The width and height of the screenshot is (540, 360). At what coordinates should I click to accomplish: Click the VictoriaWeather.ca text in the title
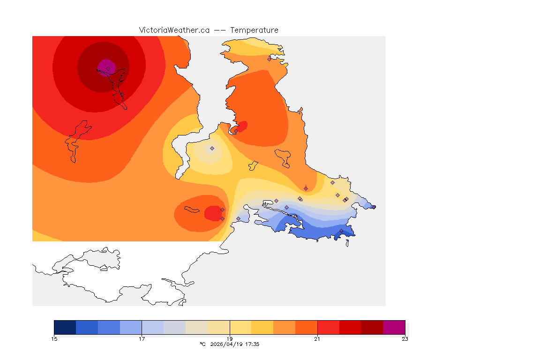coord(174,30)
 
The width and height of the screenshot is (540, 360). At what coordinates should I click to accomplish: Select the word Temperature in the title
coord(254,30)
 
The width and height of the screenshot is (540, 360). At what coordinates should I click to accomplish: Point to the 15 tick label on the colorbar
coord(54,339)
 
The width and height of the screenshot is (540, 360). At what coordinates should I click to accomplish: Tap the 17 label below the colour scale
coord(142,339)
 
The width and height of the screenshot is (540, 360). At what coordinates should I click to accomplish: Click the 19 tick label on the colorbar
coord(230,339)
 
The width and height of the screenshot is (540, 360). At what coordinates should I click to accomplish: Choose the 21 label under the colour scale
coord(317,339)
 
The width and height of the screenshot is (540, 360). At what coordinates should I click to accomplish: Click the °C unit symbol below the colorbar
coord(202,344)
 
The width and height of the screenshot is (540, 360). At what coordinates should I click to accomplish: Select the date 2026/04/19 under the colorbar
coord(228,344)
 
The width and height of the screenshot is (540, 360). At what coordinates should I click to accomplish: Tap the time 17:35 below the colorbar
coord(252,344)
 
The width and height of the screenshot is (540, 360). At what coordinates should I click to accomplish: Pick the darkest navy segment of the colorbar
coord(65,327)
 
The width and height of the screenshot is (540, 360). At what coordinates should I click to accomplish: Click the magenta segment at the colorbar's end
coord(394,327)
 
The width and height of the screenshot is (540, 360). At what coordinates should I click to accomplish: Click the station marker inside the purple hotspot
coord(108,68)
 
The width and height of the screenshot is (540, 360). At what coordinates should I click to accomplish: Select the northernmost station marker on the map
coord(269,59)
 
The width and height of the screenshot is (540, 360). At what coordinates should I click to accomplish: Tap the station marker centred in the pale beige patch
coord(212,148)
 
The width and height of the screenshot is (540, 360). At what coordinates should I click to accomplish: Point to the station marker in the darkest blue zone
coord(341,231)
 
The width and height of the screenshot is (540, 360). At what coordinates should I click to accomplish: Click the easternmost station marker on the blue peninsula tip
coord(346,199)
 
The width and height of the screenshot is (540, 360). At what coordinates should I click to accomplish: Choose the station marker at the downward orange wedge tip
coord(306,188)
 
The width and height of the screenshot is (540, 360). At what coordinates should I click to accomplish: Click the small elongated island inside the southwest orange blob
coord(191,209)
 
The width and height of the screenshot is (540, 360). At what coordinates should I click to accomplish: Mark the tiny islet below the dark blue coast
coord(347,243)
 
